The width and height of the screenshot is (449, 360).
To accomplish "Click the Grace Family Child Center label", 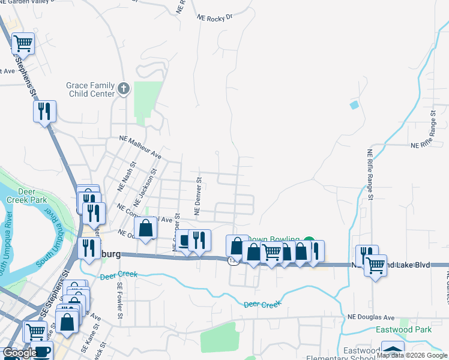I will (90, 90).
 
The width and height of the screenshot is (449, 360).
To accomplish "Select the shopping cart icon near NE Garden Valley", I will (23, 43).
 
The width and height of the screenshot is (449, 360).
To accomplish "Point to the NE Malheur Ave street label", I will (141, 146).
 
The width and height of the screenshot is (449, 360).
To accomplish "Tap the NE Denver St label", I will (197, 196).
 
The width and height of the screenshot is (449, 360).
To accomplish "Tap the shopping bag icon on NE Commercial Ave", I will (145, 228).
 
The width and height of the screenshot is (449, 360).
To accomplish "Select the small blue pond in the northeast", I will (354, 105).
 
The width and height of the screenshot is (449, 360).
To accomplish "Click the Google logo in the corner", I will (20, 353).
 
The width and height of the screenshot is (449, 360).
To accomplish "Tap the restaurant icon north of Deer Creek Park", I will (44, 111).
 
